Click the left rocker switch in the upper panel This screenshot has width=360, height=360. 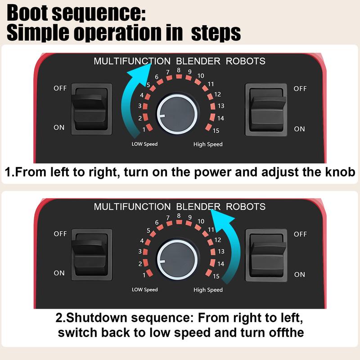click(91, 109)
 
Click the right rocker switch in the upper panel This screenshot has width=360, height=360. click(266, 110)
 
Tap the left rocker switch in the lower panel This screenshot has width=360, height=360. click(92, 255)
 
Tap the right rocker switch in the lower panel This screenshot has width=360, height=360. click(266, 255)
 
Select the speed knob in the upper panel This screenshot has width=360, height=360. click(177, 114)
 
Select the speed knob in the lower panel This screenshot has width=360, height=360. click(177, 260)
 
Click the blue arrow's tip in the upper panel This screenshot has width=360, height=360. click(151, 63)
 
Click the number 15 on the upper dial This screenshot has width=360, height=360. click(216, 131)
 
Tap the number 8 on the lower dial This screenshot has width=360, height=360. click(179, 216)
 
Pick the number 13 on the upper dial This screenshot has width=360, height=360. click(221, 106)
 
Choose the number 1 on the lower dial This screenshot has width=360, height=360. click(144, 275)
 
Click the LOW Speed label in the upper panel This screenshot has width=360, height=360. click(144, 144)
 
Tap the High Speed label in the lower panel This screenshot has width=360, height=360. click(208, 290)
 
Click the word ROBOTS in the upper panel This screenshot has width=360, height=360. click(245, 61)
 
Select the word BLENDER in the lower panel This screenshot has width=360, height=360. click(198, 207)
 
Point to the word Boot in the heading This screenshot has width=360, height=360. click(27, 13)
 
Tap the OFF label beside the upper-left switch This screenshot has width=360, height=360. click(60, 88)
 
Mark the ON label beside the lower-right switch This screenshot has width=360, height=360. click(300, 274)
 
